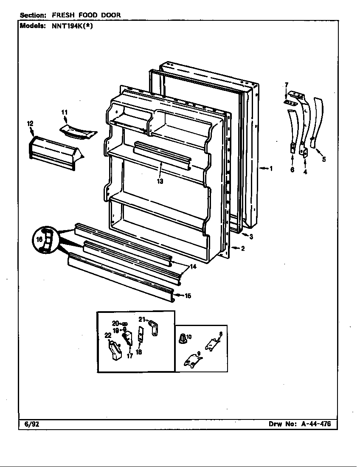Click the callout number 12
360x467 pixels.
click(x=30, y=124)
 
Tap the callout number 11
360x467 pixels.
click(x=65, y=112)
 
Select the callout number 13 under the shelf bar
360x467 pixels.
click(x=160, y=181)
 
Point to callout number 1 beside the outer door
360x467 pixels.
click(x=271, y=169)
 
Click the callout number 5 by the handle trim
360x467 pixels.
click(x=324, y=160)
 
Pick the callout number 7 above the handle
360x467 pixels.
click(x=286, y=85)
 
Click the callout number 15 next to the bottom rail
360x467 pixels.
click(x=188, y=296)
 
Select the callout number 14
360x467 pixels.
click(x=193, y=267)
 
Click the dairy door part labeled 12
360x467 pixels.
click(x=53, y=151)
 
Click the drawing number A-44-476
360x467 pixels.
click(x=315, y=424)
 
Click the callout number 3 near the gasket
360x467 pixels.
click(x=251, y=237)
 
